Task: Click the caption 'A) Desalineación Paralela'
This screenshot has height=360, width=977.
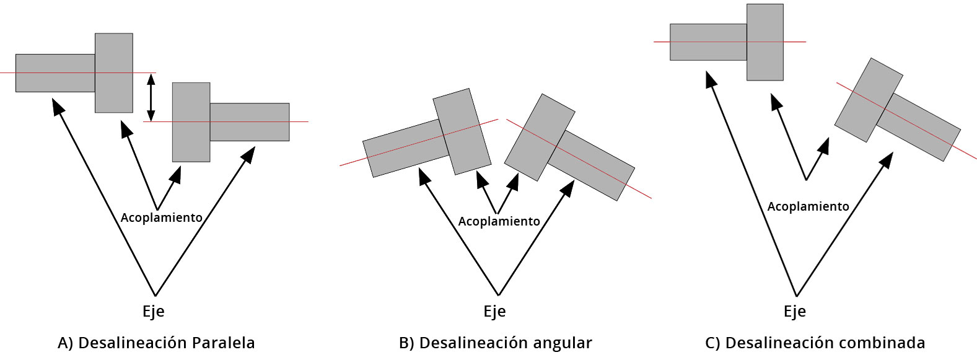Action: [156, 343]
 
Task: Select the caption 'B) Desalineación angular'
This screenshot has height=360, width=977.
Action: [496, 343]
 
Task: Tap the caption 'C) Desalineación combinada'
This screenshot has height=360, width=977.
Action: [815, 343]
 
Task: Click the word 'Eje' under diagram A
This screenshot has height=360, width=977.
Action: [154, 311]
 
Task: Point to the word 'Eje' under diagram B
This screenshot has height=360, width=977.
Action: [494, 311]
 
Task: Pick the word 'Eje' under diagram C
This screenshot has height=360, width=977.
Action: [795, 311]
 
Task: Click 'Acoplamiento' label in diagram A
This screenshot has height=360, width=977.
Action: [161, 217]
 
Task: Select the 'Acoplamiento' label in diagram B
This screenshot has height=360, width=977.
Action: [499, 221]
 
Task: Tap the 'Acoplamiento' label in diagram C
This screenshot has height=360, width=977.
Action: [808, 206]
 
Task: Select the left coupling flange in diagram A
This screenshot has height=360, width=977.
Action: [113, 73]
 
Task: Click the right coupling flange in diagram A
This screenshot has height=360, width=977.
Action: [191, 122]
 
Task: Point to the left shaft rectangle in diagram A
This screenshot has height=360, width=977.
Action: [55, 73]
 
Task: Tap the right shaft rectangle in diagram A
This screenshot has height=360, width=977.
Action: [249, 122]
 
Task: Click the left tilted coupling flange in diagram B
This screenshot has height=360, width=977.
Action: [462, 131]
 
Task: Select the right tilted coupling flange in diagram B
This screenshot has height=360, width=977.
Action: [539, 138]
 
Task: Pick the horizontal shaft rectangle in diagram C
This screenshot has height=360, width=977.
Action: [708, 42]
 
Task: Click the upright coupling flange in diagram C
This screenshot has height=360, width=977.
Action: [765, 42]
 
